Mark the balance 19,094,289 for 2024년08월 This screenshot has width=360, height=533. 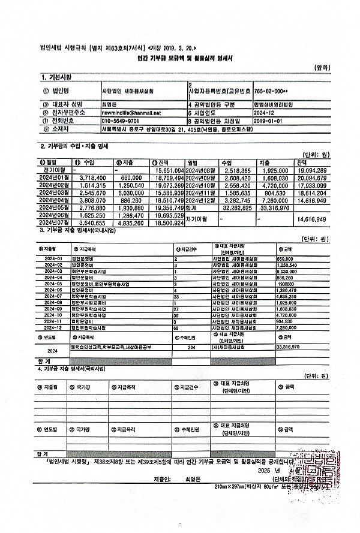click(x=310, y=170)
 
